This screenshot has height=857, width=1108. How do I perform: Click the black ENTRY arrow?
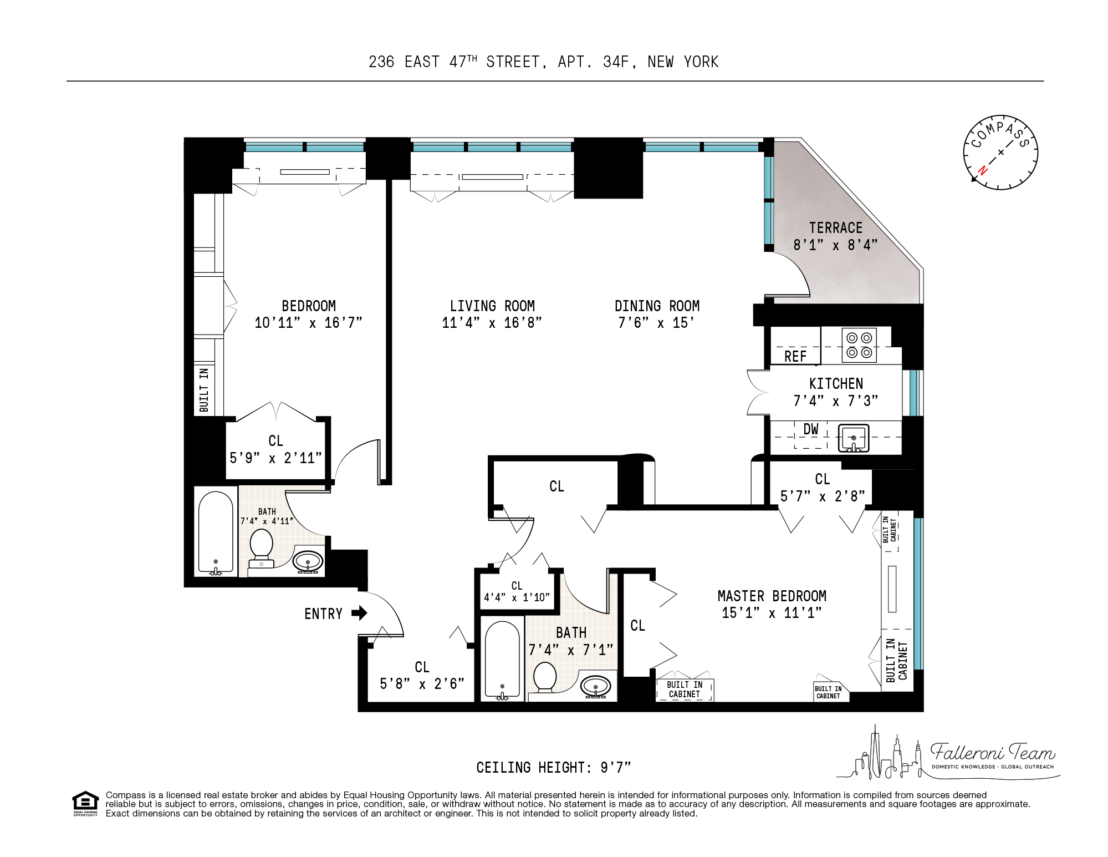(360, 613)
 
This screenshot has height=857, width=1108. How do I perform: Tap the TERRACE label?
(835, 228)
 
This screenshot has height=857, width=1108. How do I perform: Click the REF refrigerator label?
(795, 357)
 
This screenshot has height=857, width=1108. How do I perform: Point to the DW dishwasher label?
(810, 429)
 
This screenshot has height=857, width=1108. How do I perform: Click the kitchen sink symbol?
(854, 438)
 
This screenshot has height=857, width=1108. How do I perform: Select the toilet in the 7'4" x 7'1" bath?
(544, 678)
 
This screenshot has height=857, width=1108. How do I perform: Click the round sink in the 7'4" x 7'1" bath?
(596, 687)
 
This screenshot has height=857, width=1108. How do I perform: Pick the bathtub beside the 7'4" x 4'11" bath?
(216, 532)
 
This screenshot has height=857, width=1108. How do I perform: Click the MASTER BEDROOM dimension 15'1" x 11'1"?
(772, 613)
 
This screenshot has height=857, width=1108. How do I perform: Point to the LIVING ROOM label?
(492, 306)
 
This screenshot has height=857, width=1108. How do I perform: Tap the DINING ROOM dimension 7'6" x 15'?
(656, 323)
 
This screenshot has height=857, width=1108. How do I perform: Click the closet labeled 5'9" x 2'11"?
(275, 450)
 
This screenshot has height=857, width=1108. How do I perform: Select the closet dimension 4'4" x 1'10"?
(517, 597)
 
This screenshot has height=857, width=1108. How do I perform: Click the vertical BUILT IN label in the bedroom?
(204, 389)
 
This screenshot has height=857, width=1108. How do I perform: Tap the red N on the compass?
(982, 170)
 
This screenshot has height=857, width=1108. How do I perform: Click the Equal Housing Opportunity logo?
(85, 803)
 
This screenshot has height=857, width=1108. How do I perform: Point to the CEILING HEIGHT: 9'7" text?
(553, 768)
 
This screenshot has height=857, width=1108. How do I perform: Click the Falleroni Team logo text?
(992, 752)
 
